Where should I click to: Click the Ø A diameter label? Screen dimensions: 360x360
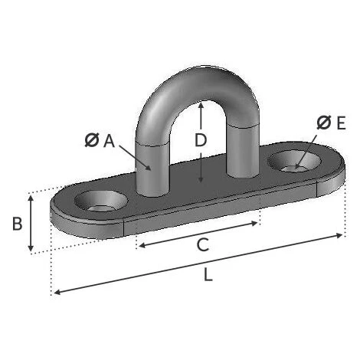point(100,140)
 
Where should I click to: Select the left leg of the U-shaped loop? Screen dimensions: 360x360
point(151,165)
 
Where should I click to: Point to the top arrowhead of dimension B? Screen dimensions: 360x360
point(31,196)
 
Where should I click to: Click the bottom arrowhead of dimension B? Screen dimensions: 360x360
point(31,250)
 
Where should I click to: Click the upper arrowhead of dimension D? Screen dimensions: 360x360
point(200,104)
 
